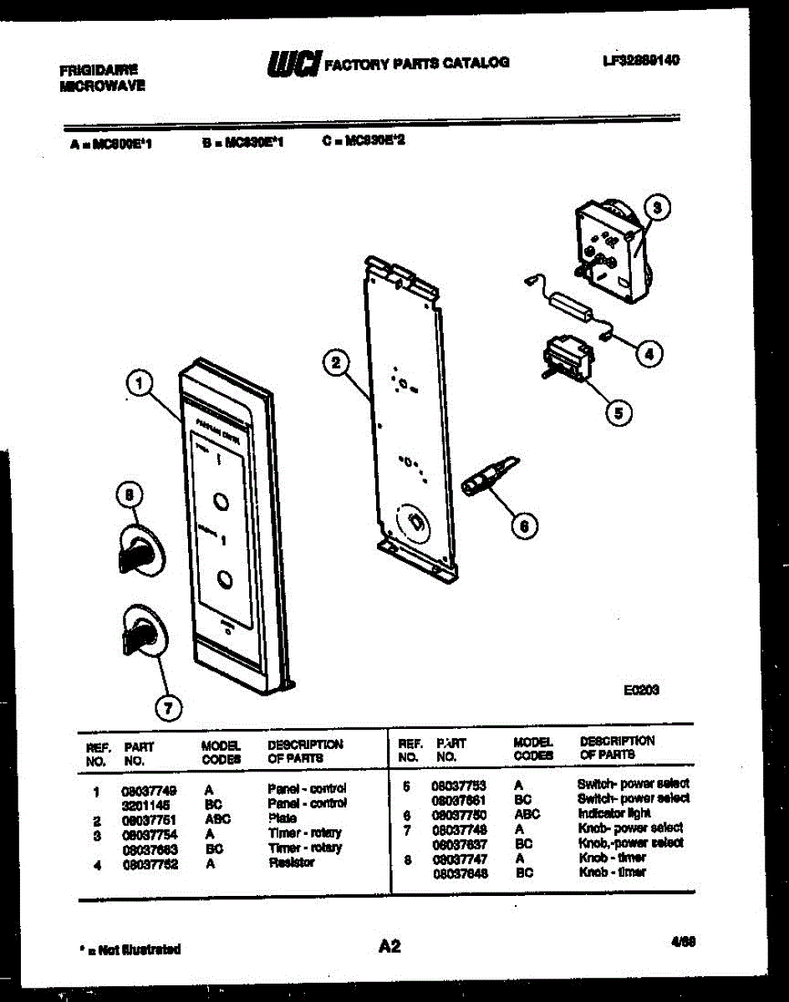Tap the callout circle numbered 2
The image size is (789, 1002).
[335, 362]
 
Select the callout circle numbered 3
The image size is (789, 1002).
[657, 208]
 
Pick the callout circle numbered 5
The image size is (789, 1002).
[618, 411]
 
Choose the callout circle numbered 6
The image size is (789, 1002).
[524, 525]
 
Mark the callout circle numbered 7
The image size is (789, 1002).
[168, 708]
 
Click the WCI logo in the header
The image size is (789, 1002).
[293, 63]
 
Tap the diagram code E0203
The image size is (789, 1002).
[642, 691]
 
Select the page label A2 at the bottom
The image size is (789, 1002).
[389, 946]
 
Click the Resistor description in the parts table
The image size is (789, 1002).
[291, 863]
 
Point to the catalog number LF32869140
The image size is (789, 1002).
[641, 60]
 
